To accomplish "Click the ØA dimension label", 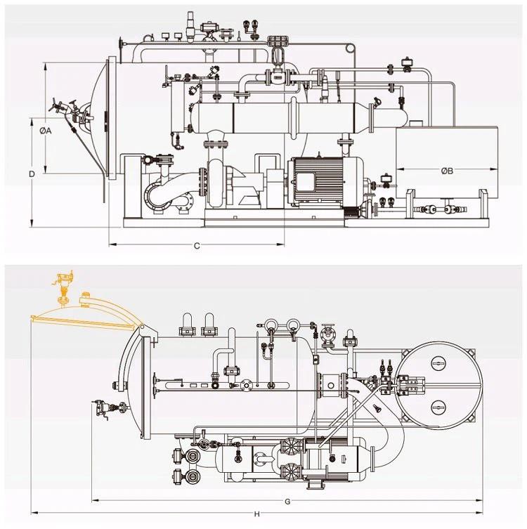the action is click(45, 131).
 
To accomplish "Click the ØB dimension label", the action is click(447, 171).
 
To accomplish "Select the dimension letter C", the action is click(197, 246).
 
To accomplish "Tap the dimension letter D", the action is click(32, 174).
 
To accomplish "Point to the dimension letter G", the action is click(287, 502).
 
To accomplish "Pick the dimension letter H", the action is click(257, 514).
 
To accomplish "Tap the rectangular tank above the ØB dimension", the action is click(447, 162).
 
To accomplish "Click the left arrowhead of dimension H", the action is click(34, 513).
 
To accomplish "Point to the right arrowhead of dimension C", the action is click(280, 244).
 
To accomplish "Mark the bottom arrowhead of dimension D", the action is click(32, 223).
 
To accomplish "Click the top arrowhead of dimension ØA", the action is click(46, 66).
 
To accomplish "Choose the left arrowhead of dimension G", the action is click(95, 500).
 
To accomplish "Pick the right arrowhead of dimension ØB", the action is click(495, 169).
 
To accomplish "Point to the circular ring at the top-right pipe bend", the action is click(350, 48).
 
